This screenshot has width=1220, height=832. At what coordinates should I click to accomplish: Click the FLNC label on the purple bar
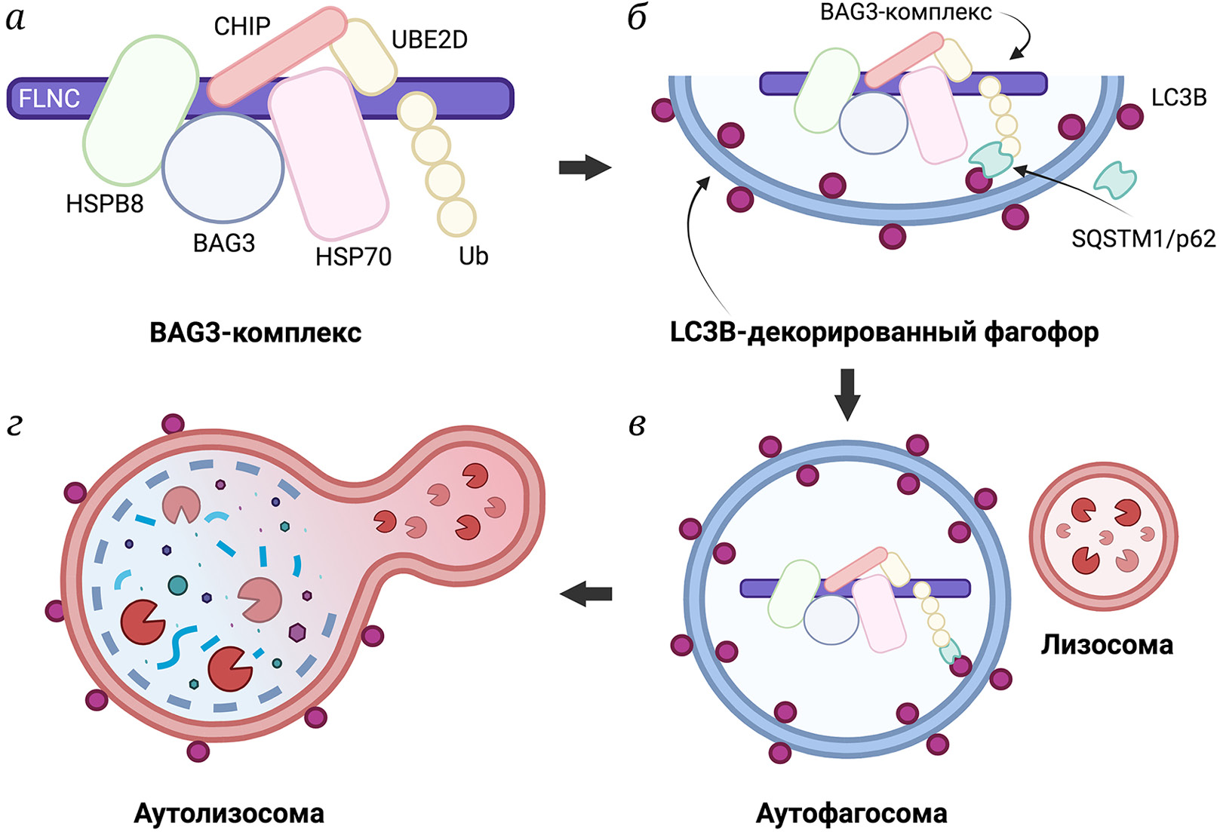pos(50,99)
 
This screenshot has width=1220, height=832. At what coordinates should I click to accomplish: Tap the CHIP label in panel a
pos(241,26)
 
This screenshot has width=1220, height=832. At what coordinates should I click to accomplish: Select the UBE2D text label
pos(429,40)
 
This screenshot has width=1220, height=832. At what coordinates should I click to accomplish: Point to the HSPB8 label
pos(105,204)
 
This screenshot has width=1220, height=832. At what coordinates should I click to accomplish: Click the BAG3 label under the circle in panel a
pos(224,243)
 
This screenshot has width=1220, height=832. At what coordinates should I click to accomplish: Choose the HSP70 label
pos(353,257)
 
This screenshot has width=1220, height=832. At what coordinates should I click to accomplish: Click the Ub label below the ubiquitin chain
pos(473,256)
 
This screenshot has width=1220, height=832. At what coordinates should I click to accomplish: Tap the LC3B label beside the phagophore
pos(1179,98)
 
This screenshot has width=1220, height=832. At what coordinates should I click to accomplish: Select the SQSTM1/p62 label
pos(1143,239)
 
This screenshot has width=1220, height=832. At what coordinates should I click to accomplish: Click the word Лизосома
pos(1107,645)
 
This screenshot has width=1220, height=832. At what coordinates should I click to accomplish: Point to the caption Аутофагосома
pos(851,814)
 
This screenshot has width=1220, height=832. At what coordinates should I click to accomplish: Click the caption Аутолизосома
pos(229,814)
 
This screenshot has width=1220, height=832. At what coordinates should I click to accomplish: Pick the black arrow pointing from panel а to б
pos(584,167)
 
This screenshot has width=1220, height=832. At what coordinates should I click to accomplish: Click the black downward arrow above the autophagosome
pos(848,394)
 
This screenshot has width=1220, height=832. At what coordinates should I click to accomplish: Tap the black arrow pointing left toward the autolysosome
pos(585,594)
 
